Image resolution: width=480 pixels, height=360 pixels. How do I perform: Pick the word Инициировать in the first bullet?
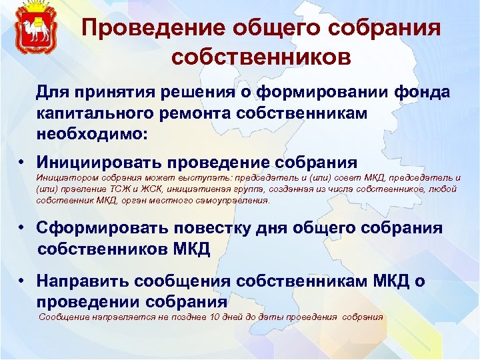point(99,162)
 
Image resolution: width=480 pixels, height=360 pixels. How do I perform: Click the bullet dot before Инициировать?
point(22,162)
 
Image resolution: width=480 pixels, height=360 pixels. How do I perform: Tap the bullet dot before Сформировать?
point(22,228)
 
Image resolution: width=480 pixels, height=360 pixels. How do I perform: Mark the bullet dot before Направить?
point(22,281)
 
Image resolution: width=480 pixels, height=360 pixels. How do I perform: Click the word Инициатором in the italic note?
point(66,178)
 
